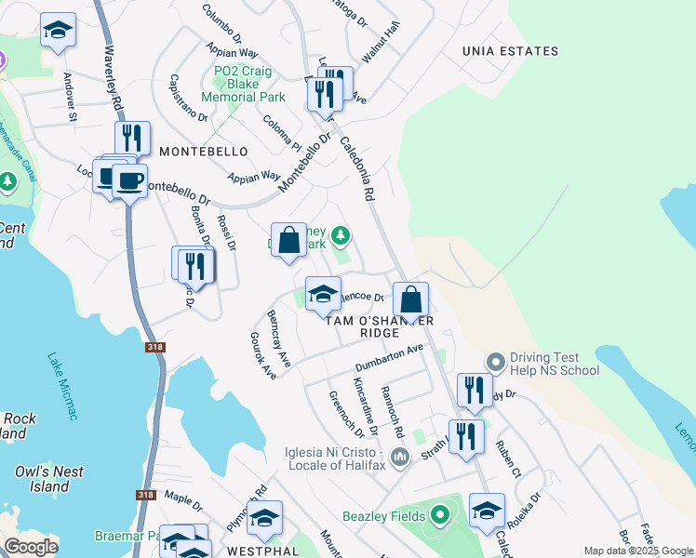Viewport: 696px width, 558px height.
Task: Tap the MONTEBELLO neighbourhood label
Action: tap(204, 151)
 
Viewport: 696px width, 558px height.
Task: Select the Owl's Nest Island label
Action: tap(42, 479)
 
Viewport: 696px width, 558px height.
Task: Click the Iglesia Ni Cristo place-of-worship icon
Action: tap(401, 456)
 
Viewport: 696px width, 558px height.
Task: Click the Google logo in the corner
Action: tap(31, 547)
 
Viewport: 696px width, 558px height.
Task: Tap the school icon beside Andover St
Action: tap(58, 31)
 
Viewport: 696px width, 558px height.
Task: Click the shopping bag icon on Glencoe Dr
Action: tap(409, 301)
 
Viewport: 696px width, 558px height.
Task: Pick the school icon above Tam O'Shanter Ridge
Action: tap(323, 294)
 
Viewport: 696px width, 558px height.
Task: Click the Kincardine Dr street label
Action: tap(365, 406)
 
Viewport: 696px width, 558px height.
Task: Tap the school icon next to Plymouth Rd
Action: tap(264, 519)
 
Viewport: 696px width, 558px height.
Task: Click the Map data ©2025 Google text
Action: tap(638, 551)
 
